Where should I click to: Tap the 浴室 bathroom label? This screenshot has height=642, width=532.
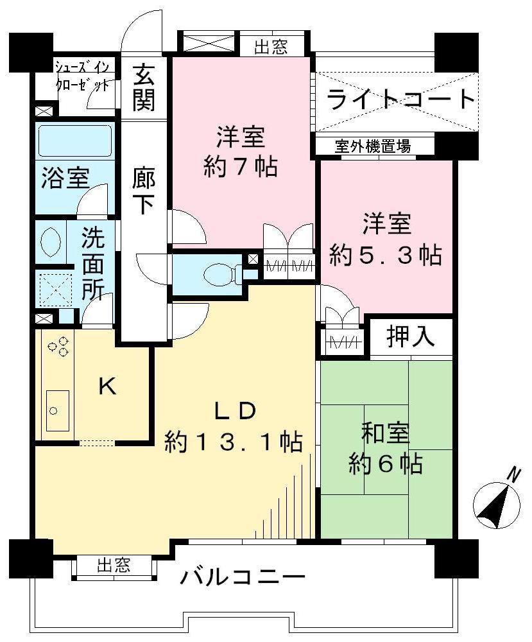tap(66, 178)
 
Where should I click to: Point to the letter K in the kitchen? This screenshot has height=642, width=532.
tap(107, 386)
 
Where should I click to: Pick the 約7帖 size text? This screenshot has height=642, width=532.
tap(240, 168)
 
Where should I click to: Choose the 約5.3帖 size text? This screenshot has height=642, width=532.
tap(385, 256)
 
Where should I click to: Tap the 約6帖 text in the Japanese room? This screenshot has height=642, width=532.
tap(385, 463)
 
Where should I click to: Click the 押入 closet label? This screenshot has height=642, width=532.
tap(411, 336)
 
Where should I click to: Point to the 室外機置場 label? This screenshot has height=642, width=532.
tap(372, 146)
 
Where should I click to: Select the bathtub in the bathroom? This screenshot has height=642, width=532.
tap(74, 141)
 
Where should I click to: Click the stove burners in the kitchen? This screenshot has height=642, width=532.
tap(58, 347)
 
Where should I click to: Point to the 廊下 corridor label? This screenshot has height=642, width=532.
tap(142, 190)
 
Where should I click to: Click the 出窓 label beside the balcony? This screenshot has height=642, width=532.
tap(114, 566)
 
